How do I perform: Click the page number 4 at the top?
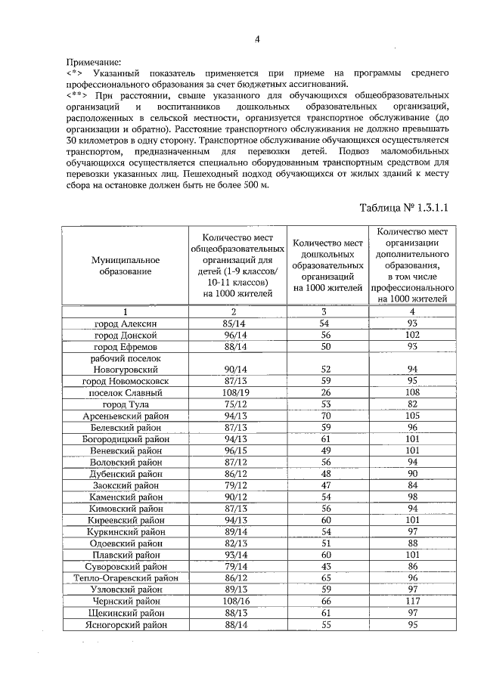[257, 39]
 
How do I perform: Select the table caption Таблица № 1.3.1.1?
[405, 206]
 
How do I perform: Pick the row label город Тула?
[122, 404]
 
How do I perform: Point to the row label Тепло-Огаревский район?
[122, 577]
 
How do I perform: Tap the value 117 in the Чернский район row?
[412, 600]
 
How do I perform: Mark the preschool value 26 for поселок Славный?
[327, 393]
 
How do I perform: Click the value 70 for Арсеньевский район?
[327, 416]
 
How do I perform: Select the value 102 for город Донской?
[412, 335]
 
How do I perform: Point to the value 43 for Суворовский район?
[327, 565]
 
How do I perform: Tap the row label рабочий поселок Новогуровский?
[122, 364]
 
